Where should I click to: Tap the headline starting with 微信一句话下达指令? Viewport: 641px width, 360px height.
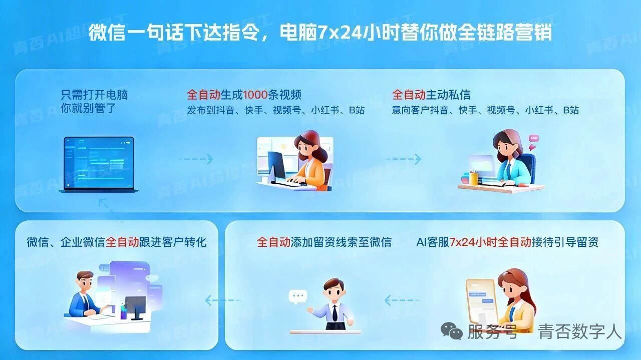tap(320, 33)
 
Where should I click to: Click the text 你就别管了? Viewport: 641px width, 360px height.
tap(88, 108)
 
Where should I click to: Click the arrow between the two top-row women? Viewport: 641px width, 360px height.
tap(403, 160)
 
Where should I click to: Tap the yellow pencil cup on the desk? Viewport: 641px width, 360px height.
tap(473, 178)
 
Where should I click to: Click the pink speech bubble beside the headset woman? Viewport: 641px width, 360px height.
tap(534, 139)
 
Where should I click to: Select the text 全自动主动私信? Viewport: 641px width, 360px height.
tap(431, 95)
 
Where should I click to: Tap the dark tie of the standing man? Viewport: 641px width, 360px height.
tap(335, 313)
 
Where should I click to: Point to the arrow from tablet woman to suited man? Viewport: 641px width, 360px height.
tap(402, 300)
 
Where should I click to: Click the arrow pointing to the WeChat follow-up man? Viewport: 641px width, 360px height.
tap(223, 300)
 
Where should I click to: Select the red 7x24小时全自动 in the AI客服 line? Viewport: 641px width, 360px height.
tap(490, 242)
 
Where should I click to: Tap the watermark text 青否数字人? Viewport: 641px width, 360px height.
tap(580, 331)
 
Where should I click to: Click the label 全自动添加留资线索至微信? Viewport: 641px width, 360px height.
tap(324, 242)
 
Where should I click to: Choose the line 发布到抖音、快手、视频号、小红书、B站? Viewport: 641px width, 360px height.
tap(276, 110)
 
